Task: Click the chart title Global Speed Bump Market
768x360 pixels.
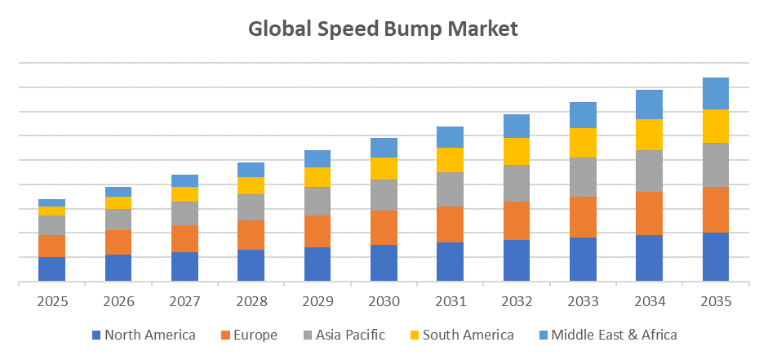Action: (x=383, y=29)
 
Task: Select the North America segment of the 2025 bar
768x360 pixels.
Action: (x=51, y=269)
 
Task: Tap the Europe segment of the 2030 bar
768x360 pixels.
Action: (x=384, y=227)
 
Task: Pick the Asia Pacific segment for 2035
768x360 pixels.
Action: (x=716, y=165)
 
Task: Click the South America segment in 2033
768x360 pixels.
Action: (x=583, y=143)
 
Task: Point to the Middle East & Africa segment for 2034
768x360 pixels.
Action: (x=649, y=104)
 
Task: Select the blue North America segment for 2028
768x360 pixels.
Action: (x=251, y=265)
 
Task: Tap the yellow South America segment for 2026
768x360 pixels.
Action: (x=118, y=202)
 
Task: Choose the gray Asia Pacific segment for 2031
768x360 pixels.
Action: (x=450, y=189)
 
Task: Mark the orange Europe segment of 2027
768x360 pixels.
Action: (x=184, y=238)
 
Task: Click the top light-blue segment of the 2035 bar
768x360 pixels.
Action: (x=716, y=93)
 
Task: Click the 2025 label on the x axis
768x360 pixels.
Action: (x=51, y=301)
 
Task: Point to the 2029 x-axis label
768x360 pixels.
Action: (x=317, y=301)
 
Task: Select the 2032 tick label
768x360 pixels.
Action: (x=517, y=301)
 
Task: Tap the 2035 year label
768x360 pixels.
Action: (x=716, y=301)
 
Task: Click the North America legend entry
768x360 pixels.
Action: (x=143, y=335)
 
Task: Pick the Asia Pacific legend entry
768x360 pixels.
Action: (x=344, y=335)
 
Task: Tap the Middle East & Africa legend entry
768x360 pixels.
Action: (x=606, y=335)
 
